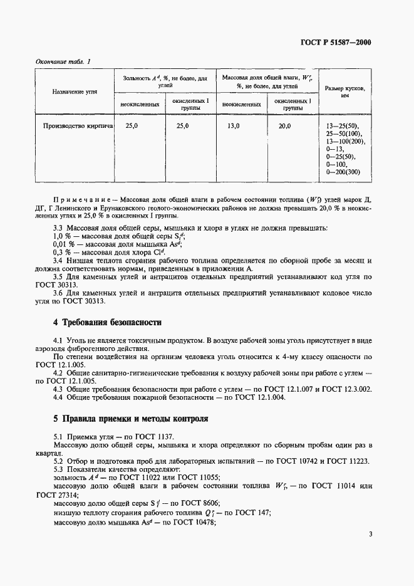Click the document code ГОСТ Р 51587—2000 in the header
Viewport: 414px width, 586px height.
(339, 43)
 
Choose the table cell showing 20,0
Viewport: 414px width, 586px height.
(285, 126)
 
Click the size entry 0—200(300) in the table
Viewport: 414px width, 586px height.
(344, 171)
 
